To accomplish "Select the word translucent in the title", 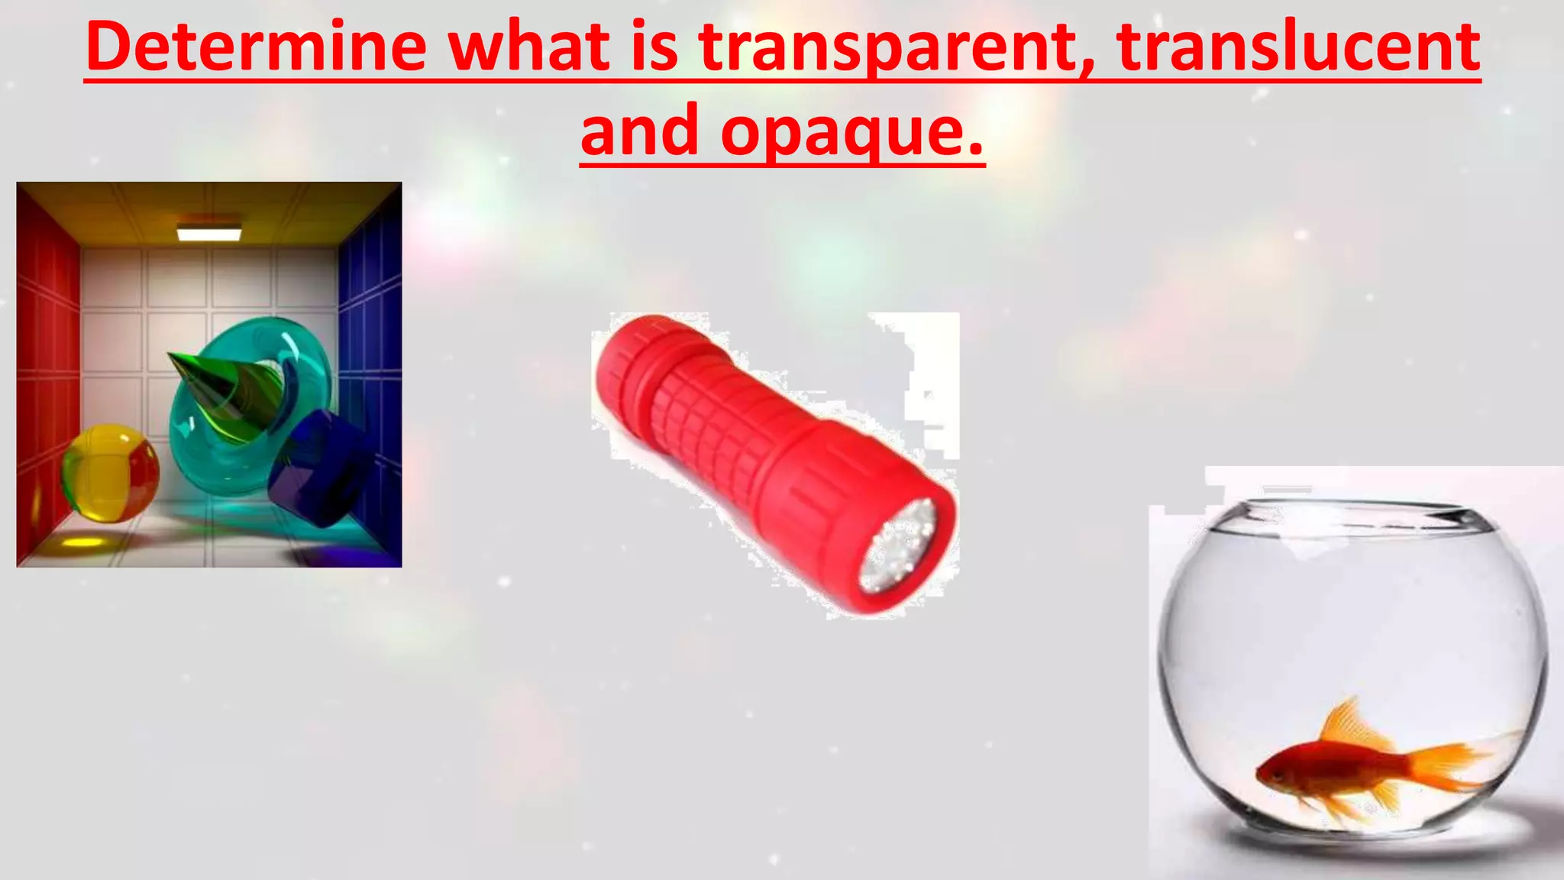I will pos(1298,47).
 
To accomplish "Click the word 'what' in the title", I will pos(535,47).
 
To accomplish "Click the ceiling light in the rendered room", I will pos(209,232).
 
